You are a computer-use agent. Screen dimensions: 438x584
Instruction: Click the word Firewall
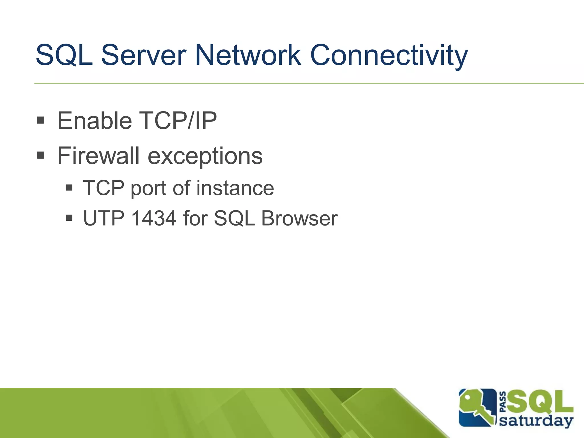[98, 156]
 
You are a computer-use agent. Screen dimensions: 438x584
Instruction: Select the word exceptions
[205, 156]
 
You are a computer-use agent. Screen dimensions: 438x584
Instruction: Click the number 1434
[154, 218]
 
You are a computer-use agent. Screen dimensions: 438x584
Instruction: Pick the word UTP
[104, 218]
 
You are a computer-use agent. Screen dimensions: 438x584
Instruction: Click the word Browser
[299, 218]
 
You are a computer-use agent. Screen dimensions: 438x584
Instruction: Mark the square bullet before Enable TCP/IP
[41, 120]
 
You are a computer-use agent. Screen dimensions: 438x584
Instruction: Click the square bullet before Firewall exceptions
[41, 155]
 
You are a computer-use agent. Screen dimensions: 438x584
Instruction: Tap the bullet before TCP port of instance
[69, 188]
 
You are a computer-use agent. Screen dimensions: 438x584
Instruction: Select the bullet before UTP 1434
[69, 218]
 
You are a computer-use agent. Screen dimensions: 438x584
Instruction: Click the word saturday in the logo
[536, 421]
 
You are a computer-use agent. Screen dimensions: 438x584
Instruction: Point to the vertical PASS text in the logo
[503, 402]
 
